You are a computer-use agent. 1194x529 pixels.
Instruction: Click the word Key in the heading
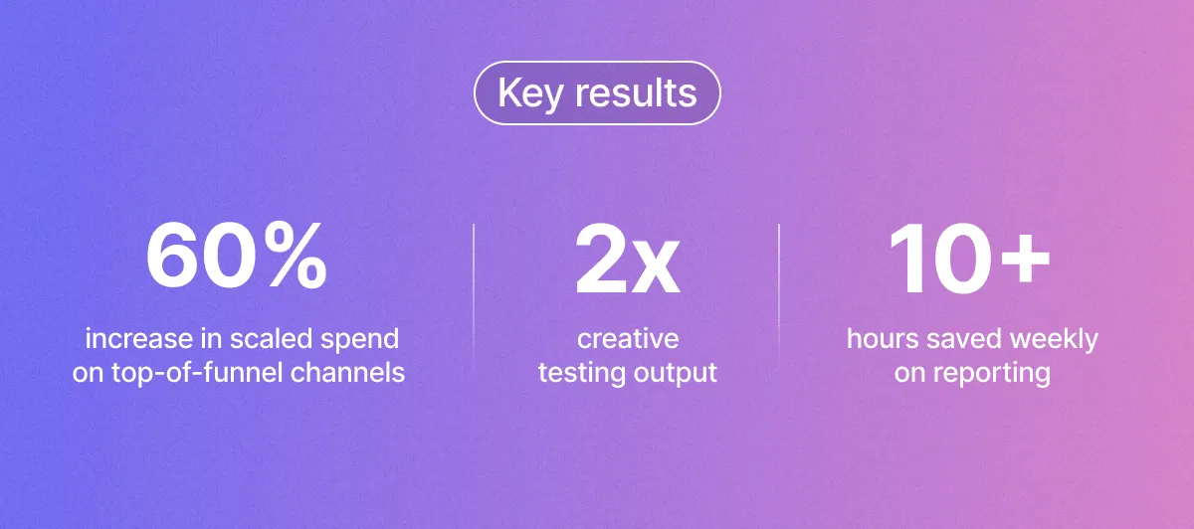click(x=529, y=94)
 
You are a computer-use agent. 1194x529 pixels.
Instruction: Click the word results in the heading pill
click(x=636, y=92)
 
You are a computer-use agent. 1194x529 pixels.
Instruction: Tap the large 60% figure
click(x=237, y=257)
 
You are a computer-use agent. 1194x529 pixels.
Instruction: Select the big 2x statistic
click(x=628, y=260)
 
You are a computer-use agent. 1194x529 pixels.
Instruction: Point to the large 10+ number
click(x=969, y=258)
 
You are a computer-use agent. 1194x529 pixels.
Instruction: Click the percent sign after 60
click(x=296, y=257)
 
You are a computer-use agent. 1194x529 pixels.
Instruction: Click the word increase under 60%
click(x=139, y=339)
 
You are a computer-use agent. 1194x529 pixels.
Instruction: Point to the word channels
click(x=347, y=372)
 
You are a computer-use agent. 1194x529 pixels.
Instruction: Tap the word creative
click(x=628, y=339)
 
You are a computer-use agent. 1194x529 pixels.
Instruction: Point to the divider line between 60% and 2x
click(x=474, y=296)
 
